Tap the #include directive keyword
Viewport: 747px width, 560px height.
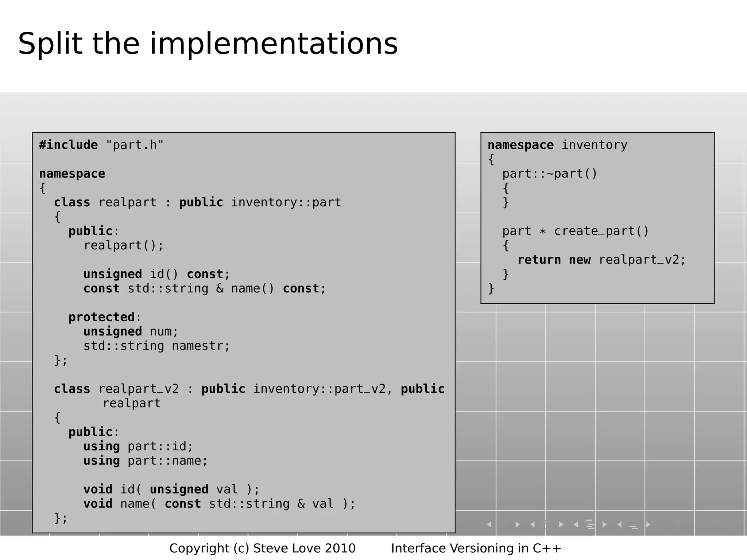click(68, 145)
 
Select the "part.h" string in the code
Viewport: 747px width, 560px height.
click(135, 145)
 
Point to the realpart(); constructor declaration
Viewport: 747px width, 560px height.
click(123, 245)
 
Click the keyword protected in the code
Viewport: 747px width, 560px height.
click(101, 317)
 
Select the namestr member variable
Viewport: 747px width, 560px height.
click(201, 346)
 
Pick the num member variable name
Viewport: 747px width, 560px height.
click(163, 331)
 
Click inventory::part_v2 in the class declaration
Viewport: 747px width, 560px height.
click(319, 389)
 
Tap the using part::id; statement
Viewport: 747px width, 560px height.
click(138, 446)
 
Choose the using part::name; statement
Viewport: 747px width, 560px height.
click(145, 461)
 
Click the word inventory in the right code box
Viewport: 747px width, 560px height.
click(594, 145)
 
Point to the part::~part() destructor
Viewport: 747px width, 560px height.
click(550, 174)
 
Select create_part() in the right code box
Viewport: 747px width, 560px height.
click(601, 231)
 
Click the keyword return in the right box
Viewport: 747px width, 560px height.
click(539, 260)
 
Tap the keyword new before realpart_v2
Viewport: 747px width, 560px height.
click(580, 260)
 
